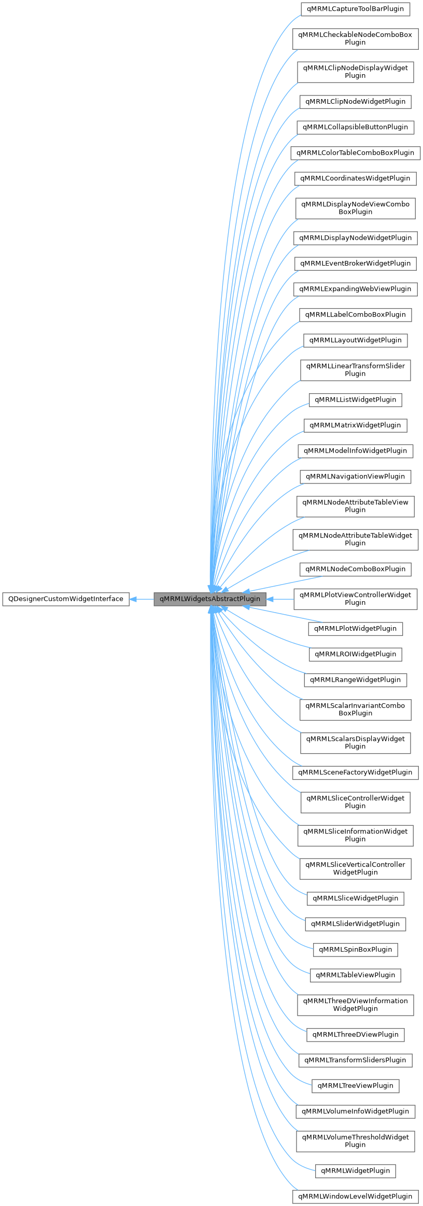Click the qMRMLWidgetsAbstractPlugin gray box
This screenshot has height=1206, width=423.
pos(210,599)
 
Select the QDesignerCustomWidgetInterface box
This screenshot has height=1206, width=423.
pos(65,599)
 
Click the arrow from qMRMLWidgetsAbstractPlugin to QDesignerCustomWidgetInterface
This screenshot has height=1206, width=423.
pos(141,599)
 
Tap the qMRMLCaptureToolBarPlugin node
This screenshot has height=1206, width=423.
pos(355,9)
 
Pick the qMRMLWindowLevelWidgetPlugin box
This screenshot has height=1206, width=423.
pos(355,1196)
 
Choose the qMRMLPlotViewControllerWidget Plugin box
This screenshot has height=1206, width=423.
pos(355,599)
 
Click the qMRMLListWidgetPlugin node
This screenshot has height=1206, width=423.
pos(355,399)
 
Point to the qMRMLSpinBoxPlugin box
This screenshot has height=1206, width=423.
pos(355,949)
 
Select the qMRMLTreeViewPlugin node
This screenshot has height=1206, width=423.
pos(355,1085)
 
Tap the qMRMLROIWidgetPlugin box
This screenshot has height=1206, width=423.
pos(355,654)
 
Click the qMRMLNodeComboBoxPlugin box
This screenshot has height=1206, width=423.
pos(355,569)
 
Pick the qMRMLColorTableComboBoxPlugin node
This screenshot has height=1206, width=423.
pos(355,153)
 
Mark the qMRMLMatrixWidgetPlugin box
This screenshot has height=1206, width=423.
pos(355,425)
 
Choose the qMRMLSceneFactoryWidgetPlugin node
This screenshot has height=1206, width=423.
pos(355,772)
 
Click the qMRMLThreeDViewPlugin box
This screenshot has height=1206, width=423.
pos(355,1034)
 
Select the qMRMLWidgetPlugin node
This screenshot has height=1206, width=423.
pos(355,1170)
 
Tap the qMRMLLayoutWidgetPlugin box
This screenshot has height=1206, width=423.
pos(355,340)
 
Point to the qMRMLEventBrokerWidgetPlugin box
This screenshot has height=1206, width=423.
pos(355,263)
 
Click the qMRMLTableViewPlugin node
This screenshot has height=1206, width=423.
pos(355,975)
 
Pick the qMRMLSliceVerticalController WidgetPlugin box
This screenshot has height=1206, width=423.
pos(355,868)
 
